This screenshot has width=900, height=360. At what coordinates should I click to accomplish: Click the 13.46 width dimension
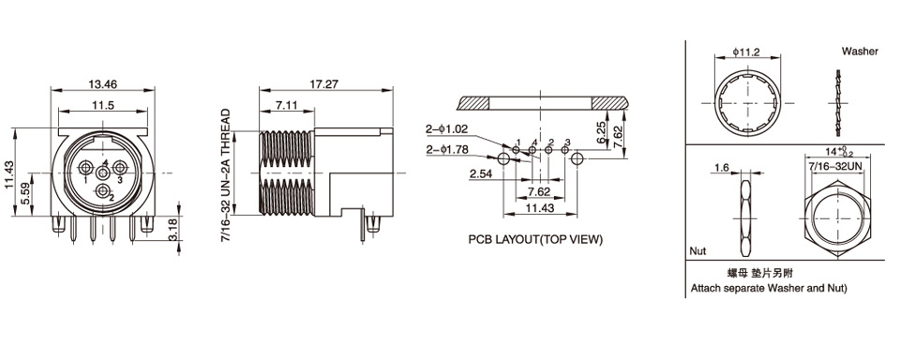pos(103,83)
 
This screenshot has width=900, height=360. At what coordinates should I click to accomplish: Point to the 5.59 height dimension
pos(23,194)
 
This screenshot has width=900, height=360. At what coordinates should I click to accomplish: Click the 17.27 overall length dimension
pos(324,83)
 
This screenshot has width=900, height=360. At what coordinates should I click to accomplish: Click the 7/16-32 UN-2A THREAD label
pos(226,175)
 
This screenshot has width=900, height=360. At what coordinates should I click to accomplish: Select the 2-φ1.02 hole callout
pos(446,129)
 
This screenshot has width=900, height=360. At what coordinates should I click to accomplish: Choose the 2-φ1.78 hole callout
pos(446,150)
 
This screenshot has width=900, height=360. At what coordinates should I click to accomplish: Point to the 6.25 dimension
pos(601,131)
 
